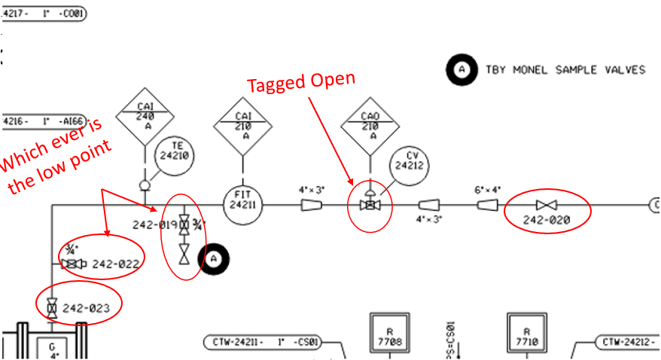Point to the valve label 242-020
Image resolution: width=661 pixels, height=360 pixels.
pyautogui.click(x=547, y=220)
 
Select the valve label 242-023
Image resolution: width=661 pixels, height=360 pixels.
pyautogui.click(x=87, y=307)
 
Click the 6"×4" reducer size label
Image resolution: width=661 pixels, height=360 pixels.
pyautogui.click(x=487, y=190)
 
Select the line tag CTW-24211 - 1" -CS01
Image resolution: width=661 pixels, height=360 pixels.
pyautogui.click(x=263, y=343)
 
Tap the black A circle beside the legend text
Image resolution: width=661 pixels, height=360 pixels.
pyautogui.click(x=462, y=70)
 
